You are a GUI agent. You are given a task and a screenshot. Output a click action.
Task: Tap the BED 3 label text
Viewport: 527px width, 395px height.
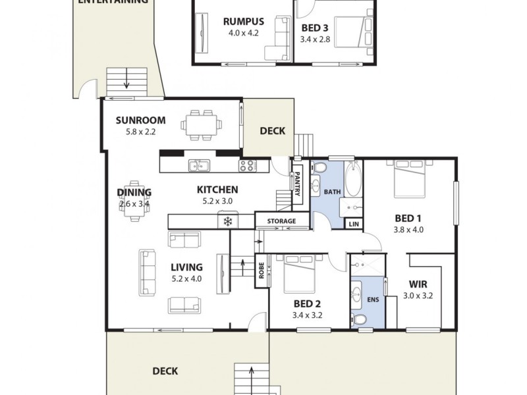tap(314, 28)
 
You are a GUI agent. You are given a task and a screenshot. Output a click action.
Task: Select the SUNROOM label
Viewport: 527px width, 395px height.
tap(140, 120)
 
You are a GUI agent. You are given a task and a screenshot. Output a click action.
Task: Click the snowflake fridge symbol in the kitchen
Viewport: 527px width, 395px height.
tap(228, 221)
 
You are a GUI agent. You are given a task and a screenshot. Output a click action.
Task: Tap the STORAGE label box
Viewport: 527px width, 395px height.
tap(281, 221)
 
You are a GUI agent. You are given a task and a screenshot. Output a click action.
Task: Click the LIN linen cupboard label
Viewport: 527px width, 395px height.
tap(354, 224)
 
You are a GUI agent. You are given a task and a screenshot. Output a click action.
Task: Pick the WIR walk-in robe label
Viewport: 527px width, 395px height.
tap(415, 284)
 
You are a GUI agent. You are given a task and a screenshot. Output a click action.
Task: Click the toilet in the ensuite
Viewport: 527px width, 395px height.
tap(359, 320)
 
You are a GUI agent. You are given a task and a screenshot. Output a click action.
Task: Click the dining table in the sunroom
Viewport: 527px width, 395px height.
tap(202, 124)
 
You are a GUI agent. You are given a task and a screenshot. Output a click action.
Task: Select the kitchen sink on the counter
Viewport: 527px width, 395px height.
tap(198, 165)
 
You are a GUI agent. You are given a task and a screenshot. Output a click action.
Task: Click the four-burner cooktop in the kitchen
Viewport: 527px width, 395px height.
tap(248, 165)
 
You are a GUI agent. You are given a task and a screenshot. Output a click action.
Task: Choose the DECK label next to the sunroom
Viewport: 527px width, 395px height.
tap(272, 130)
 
